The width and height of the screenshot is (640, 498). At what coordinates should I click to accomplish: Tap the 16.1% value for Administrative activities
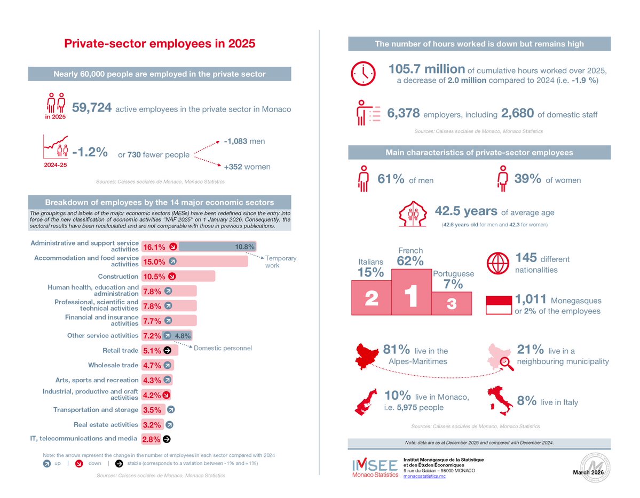click(x=154, y=247)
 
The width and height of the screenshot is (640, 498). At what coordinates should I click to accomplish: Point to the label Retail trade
click(x=121, y=351)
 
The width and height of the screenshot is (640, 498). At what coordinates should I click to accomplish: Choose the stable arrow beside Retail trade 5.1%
click(x=167, y=351)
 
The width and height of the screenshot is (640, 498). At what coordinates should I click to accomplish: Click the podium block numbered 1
click(x=410, y=292)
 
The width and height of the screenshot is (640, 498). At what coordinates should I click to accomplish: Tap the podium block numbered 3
click(x=451, y=303)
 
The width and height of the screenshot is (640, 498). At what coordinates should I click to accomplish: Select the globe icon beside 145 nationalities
click(x=497, y=263)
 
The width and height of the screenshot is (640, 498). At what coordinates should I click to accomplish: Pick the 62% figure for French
click(x=410, y=261)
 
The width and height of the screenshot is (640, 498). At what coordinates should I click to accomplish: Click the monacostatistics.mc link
click(x=424, y=476)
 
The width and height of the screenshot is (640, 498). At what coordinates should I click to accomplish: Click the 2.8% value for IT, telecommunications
click(x=151, y=440)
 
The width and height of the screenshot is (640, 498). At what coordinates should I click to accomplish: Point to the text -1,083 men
click(x=244, y=141)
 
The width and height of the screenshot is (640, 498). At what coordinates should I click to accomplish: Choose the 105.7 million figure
click(x=426, y=69)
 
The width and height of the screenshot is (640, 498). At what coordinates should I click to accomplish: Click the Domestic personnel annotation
click(x=222, y=348)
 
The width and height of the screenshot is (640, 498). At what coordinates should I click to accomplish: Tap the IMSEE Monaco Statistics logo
click(x=374, y=468)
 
